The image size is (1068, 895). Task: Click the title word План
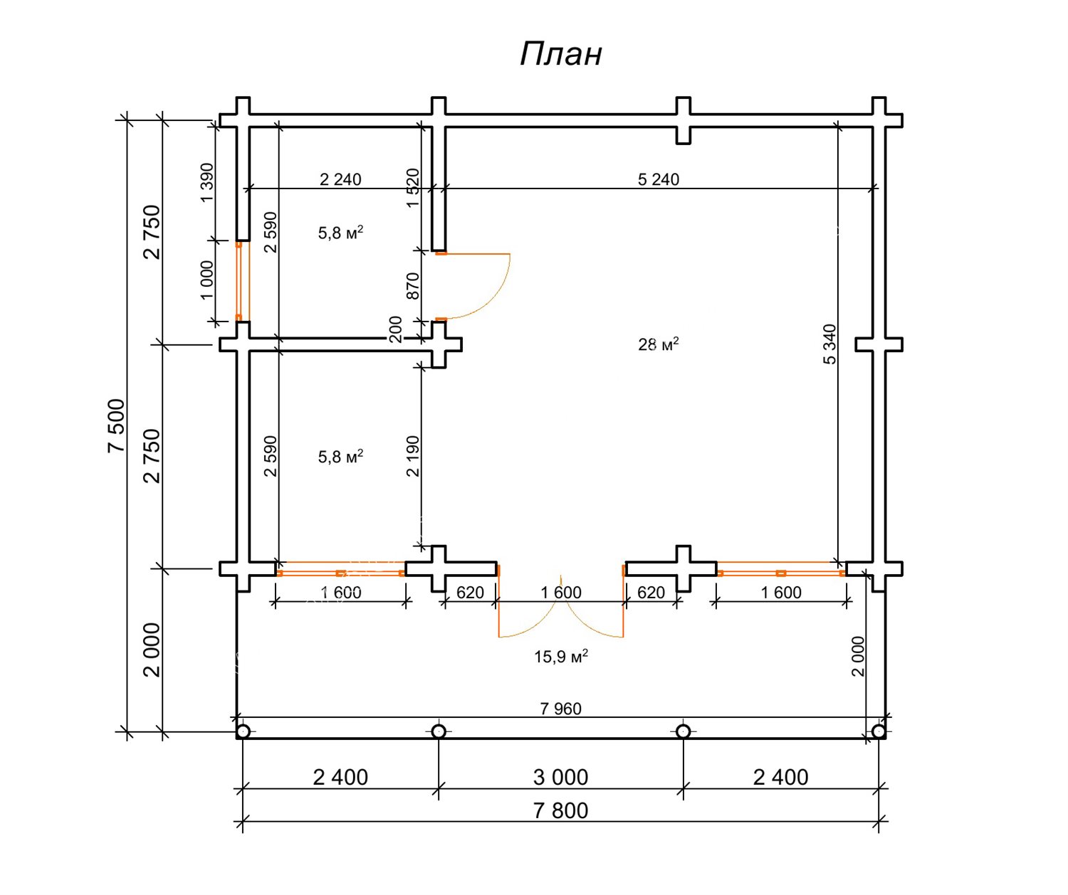tap(561, 54)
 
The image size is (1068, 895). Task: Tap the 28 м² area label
tap(658, 345)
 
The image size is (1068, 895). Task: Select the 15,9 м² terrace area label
tap(561, 656)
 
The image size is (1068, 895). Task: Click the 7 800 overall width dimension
tap(561, 810)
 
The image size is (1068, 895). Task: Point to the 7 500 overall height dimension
tap(116, 425)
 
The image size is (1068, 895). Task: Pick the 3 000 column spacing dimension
tap(561, 777)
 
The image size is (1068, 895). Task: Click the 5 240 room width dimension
tap(659, 179)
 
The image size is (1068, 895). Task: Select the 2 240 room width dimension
tap(340, 179)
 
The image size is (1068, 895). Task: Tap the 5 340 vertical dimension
tap(830, 344)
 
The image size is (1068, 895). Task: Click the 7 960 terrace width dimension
tap(561, 709)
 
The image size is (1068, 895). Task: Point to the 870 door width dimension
tap(413, 286)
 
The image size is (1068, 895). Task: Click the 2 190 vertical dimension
tap(413, 456)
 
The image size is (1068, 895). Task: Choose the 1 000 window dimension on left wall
tap(206, 280)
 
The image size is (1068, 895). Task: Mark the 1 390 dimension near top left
tap(206, 183)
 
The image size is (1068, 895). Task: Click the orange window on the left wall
tap(239, 282)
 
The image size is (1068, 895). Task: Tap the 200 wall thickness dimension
tap(396, 329)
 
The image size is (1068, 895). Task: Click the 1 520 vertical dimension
tap(413, 188)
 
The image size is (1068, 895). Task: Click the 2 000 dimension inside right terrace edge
tap(858, 656)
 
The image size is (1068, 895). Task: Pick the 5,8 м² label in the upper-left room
tap(340, 233)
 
